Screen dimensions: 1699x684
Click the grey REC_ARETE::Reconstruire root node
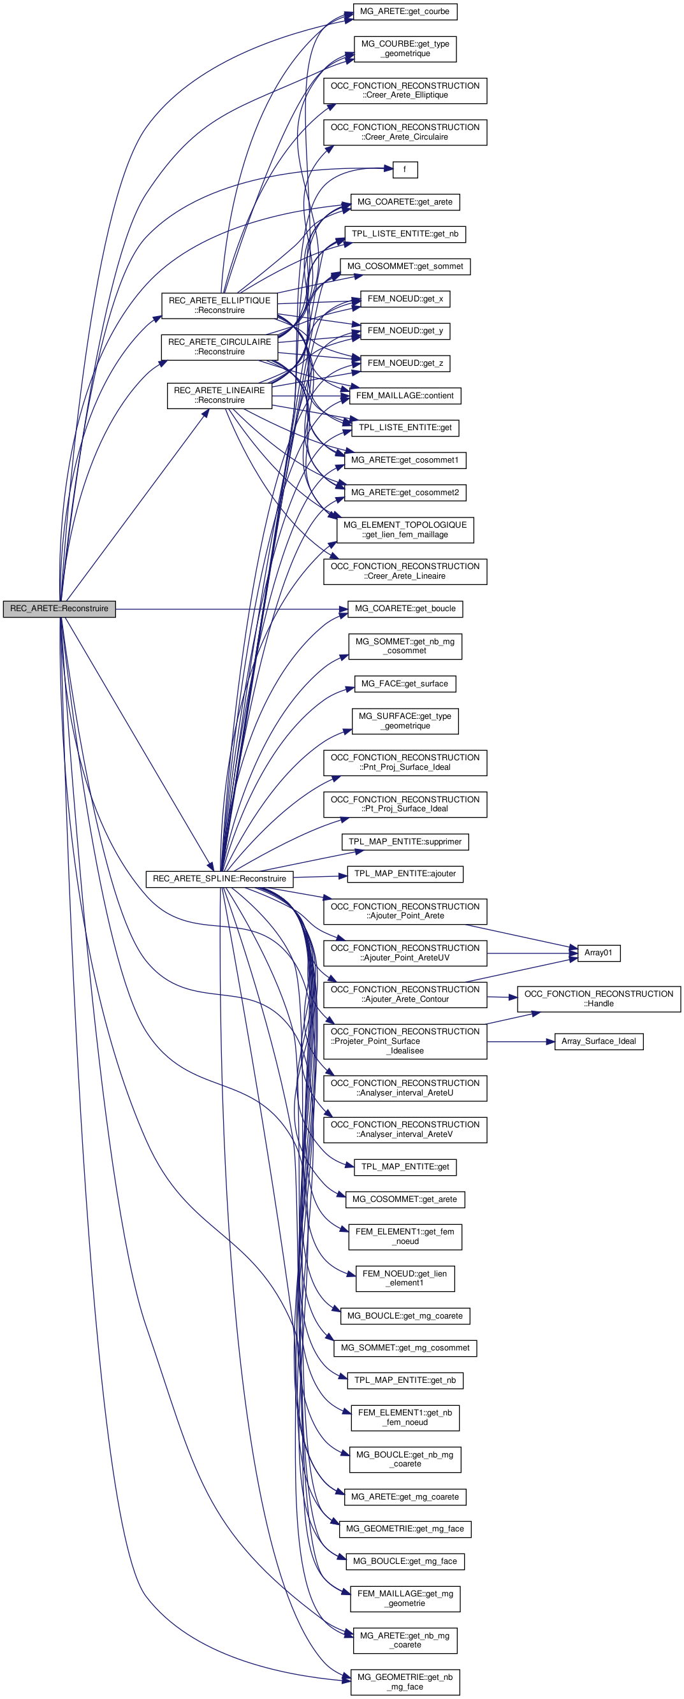pyautogui.click(x=59, y=608)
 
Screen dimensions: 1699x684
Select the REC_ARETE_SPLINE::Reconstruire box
pyautogui.click(x=219, y=879)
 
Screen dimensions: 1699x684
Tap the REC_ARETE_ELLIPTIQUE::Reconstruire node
pyautogui.click(x=220, y=305)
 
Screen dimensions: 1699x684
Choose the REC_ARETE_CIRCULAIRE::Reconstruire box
pyautogui.click(x=220, y=347)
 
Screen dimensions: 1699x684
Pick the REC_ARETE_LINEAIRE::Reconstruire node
pyautogui.click(x=220, y=395)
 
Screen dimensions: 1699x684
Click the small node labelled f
pyautogui.click(x=404, y=170)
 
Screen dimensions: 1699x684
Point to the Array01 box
pyautogui.click(x=598, y=953)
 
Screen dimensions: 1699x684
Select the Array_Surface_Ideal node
pyautogui.click(x=598, y=1041)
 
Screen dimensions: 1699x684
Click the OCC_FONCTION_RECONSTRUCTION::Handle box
pyautogui.click(x=598, y=999)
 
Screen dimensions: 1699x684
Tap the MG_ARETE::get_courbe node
pyautogui.click(x=405, y=12)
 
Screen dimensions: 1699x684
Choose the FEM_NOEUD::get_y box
pyautogui.click(x=405, y=331)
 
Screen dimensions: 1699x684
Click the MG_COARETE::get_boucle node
pyautogui.click(x=405, y=608)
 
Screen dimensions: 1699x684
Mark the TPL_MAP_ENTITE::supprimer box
pyautogui.click(x=405, y=842)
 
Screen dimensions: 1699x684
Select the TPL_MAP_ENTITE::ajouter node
pyautogui.click(x=405, y=874)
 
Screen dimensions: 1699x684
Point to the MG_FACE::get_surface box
pyautogui.click(x=404, y=684)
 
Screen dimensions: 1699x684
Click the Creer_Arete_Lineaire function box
pyautogui.click(x=405, y=571)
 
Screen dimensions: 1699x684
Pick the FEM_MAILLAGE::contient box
pyautogui.click(x=405, y=396)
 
